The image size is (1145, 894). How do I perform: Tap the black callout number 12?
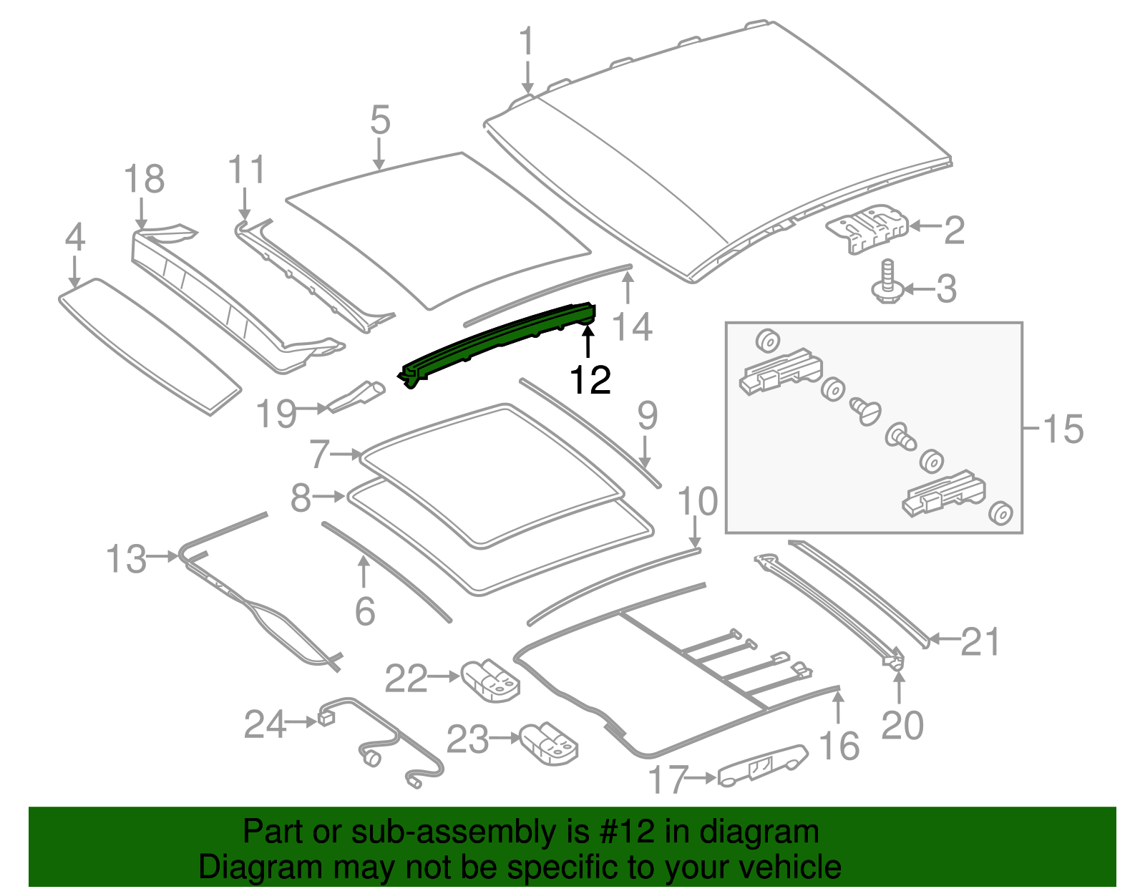590,379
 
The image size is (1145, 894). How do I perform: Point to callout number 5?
380,120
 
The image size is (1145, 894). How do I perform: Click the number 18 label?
144,179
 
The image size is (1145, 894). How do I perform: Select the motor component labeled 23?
549,742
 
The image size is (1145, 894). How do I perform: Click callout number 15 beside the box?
1063,429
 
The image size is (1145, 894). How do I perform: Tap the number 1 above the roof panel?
527,42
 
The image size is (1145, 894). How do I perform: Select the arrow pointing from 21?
944,639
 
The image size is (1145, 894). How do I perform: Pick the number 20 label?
902,726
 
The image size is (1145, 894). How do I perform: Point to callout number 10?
697,501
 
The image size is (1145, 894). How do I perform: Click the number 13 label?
127,559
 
